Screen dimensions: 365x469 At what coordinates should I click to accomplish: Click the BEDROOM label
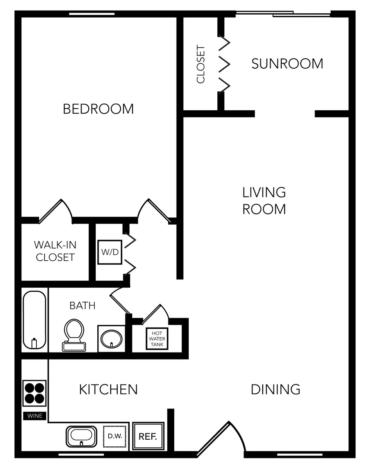pos(98,109)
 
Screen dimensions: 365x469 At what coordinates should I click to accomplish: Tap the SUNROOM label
pos(287,64)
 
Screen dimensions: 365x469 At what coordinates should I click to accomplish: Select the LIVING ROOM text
pos(264,201)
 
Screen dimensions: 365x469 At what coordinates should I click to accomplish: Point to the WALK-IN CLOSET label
pos(55,251)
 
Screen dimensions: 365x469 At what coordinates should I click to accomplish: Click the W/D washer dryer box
pos(110,252)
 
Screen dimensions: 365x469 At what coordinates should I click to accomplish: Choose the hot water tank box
pos(157,338)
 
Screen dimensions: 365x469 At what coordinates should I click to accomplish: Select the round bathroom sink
pos(111,339)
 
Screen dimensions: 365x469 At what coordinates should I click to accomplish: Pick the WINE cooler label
pos(35,416)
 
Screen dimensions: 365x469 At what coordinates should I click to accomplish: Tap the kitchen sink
pos(81,437)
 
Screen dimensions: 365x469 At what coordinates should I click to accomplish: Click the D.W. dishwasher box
pos(115,437)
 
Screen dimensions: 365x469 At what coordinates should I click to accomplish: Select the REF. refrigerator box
pos(148,437)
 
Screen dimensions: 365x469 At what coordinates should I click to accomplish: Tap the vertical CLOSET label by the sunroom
pos(200,64)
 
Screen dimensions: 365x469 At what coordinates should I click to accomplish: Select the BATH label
pos(82,306)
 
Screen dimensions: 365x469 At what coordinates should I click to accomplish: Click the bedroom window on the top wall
pos(92,14)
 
